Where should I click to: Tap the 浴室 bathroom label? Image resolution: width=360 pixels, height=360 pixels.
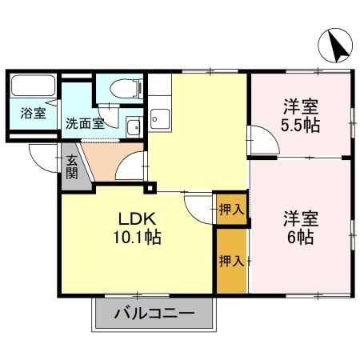34,114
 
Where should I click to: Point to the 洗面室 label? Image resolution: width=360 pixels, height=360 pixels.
85,124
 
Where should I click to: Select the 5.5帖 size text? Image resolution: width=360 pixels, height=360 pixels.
300,125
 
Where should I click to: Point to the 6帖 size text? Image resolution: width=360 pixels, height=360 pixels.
301,238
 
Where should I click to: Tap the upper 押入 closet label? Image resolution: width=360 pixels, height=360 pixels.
230,210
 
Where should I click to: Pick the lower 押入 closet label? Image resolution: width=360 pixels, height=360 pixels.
231,261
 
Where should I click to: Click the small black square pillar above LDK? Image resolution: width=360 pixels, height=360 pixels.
149,188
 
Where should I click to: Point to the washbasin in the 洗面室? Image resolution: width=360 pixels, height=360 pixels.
134,125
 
